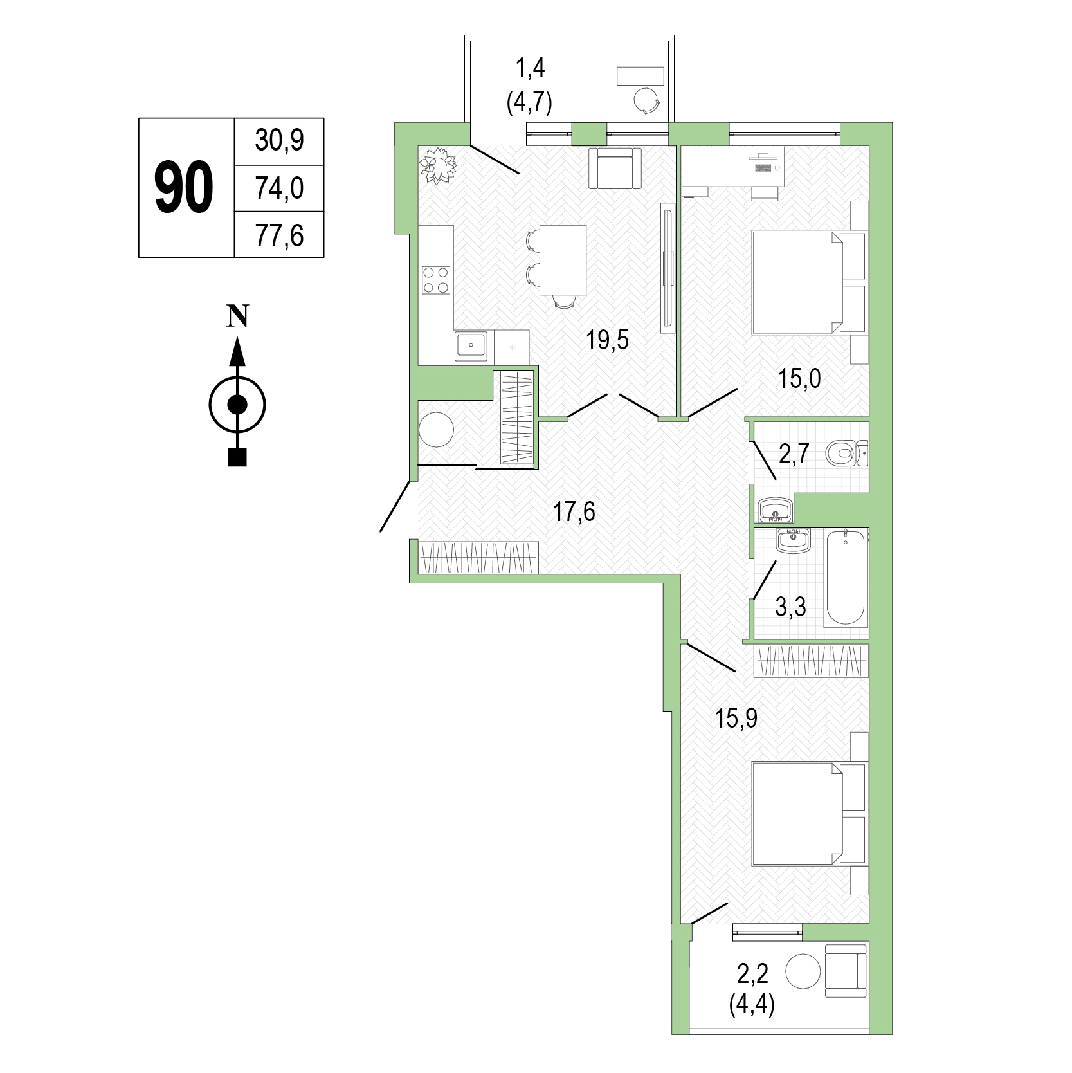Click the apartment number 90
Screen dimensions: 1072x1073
click(184, 188)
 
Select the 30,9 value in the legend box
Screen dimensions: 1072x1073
click(279, 141)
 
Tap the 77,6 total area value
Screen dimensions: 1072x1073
click(279, 235)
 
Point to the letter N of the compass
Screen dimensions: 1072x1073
click(237, 316)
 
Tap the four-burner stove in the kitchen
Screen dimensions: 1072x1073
click(436, 280)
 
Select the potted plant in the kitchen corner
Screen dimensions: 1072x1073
click(439, 165)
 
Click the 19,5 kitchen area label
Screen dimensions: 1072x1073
click(607, 340)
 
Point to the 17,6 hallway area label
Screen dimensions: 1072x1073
click(574, 512)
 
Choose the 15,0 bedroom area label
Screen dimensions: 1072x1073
click(799, 380)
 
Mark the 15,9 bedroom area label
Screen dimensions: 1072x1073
click(736, 717)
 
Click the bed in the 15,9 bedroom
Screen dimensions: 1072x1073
click(797, 814)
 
